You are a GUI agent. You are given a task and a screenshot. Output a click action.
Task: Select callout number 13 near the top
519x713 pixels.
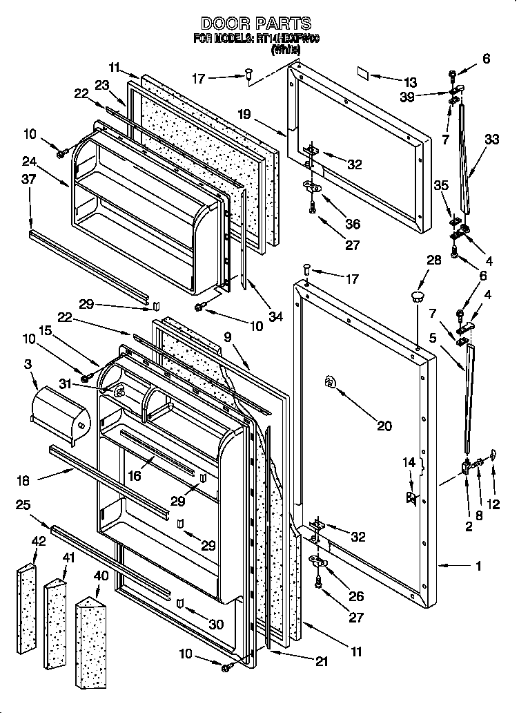(411, 82)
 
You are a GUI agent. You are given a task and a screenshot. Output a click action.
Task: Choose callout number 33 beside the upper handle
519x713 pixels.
(491, 139)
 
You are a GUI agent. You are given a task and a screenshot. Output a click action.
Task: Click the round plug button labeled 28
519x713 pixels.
(417, 298)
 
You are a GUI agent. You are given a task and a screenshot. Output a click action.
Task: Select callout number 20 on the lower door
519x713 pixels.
(384, 426)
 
